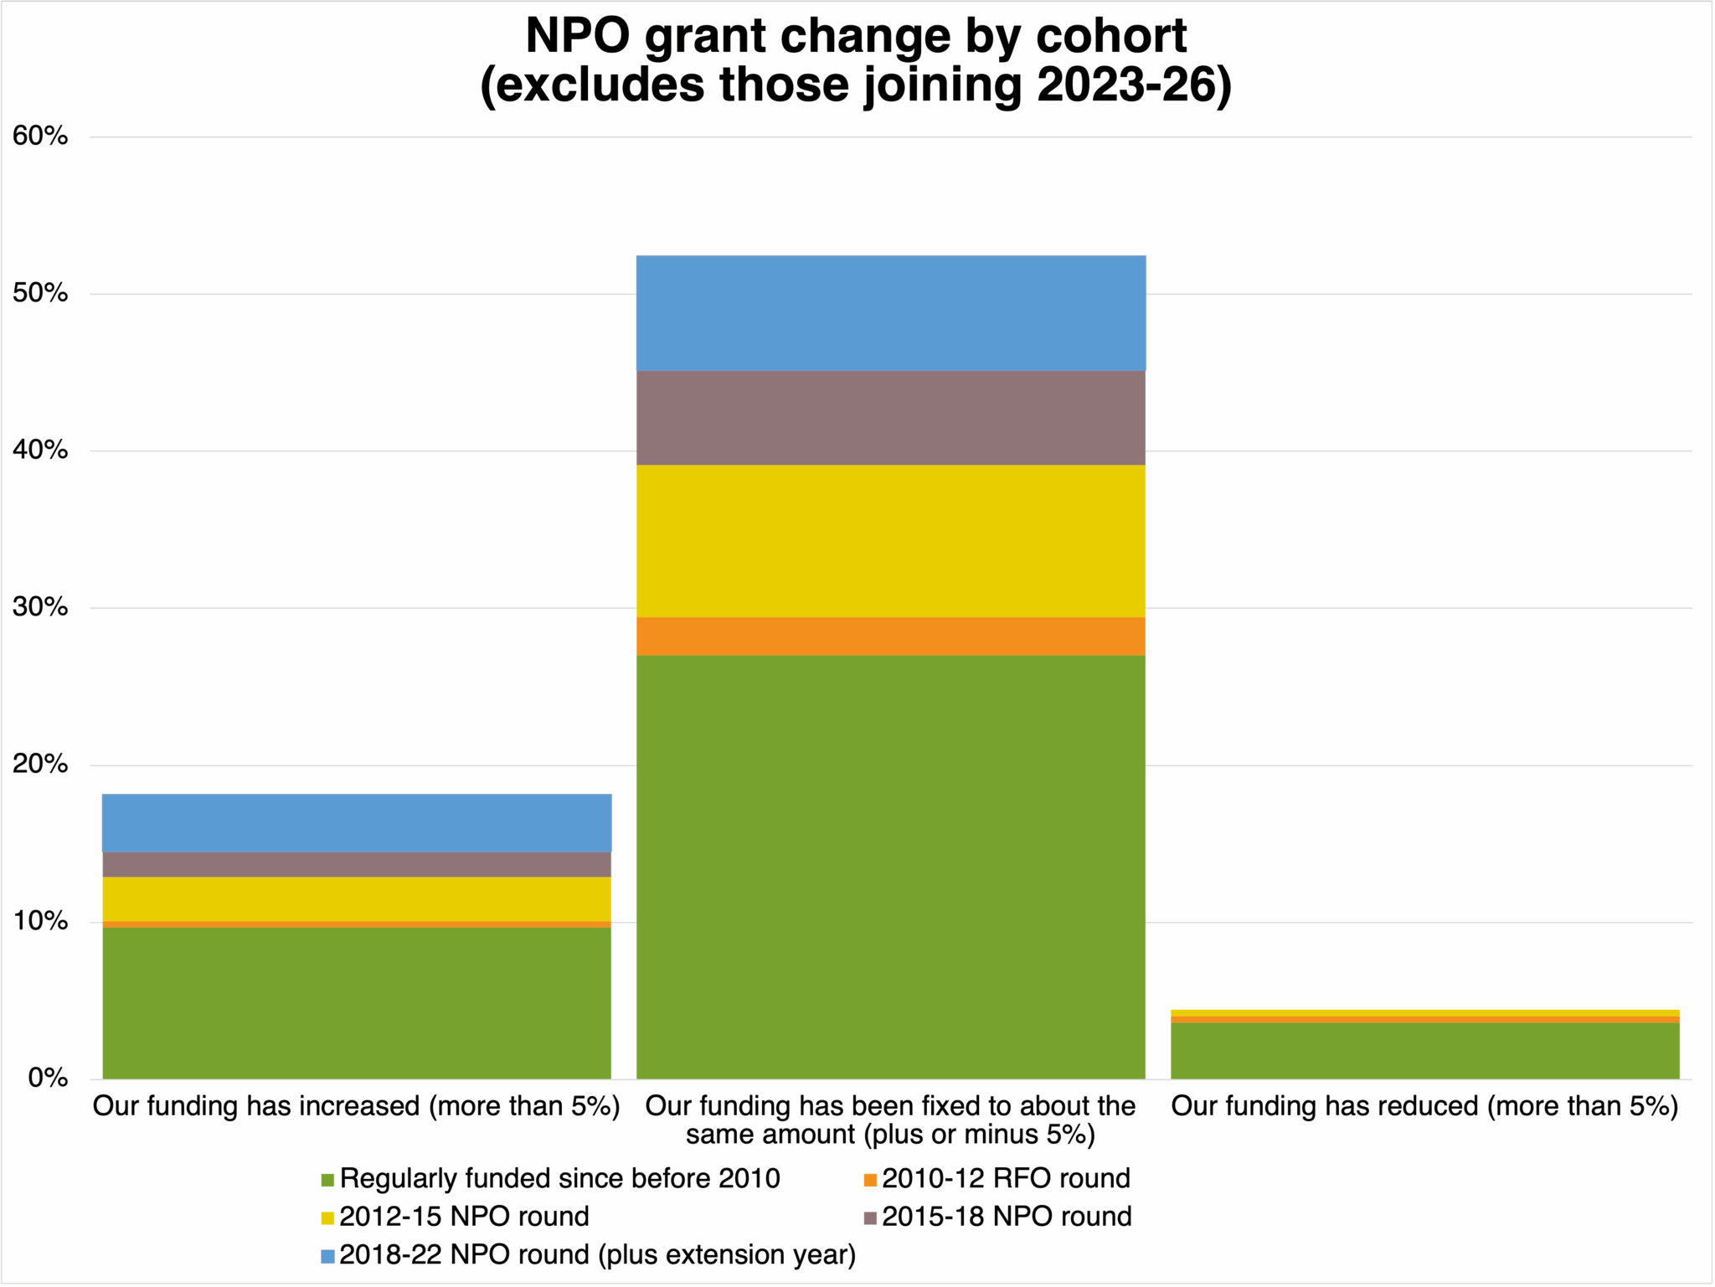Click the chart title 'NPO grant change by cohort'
pyautogui.click(x=856, y=37)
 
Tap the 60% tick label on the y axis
pyautogui.click(x=40, y=136)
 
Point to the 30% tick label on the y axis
pyautogui.click(x=40, y=607)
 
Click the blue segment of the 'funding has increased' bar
pyautogui.click(x=357, y=823)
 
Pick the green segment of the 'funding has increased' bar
pyautogui.click(x=357, y=1002)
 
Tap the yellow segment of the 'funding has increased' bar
pyautogui.click(x=357, y=898)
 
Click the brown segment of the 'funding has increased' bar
pyautogui.click(x=357, y=864)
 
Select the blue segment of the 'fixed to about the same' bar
pyautogui.click(x=890, y=313)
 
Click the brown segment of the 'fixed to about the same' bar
pyautogui.click(x=890, y=418)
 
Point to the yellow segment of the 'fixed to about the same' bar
pyautogui.click(x=890, y=541)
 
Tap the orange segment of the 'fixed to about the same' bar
pyautogui.click(x=890, y=636)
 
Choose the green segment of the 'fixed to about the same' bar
pyautogui.click(x=890, y=867)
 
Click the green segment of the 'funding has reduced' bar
pyautogui.click(x=1424, y=1051)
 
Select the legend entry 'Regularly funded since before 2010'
pyautogui.click(x=559, y=1179)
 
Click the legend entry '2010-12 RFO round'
pyautogui.click(x=1006, y=1179)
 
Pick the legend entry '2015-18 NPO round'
pyautogui.click(x=1006, y=1217)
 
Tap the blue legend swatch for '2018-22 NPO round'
pyautogui.click(x=328, y=1256)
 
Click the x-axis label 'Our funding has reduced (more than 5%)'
pyautogui.click(x=1424, y=1106)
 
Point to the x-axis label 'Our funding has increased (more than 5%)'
pyautogui.click(x=357, y=1106)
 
